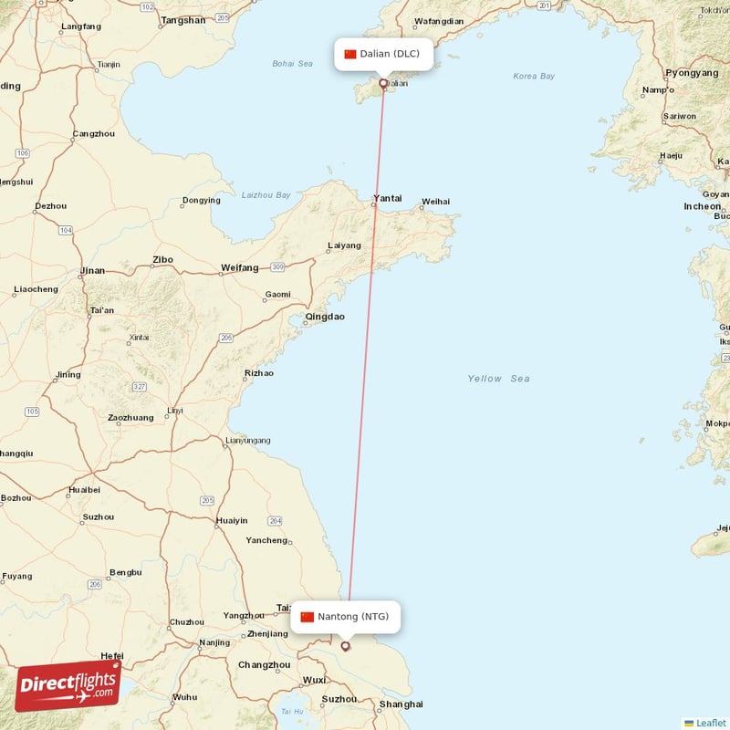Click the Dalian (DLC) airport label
(x=382, y=54)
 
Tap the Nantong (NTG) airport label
(x=345, y=617)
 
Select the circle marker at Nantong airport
(x=345, y=646)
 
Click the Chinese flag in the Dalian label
(x=350, y=54)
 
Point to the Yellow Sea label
(x=498, y=379)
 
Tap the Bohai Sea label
(x=292, y=64)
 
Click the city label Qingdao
(x=325, y=317)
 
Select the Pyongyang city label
(x=692, y=72)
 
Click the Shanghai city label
(x=401, y=704)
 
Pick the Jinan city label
(x=92, y=271)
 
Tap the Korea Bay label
(x=534, y=77)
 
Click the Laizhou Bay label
(x=266, y=195)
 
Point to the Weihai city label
(x=435, y=201)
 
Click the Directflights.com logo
(x=68, y=685)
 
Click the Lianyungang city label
(x=247, y=441)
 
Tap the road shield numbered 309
(x=277, y=267)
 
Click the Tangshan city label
(x=182, y=19)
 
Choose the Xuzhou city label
(x=98, y=517)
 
